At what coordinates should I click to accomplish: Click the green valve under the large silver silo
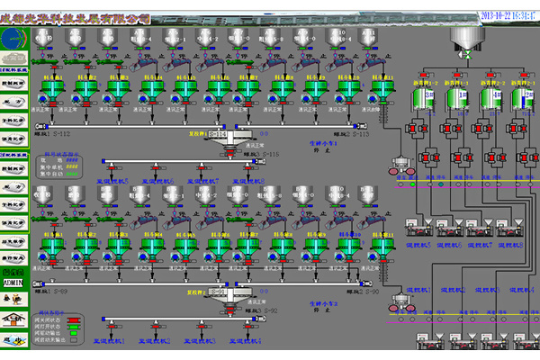467,56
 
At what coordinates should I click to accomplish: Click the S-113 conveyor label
355,134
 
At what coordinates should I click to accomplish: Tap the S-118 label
268,154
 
